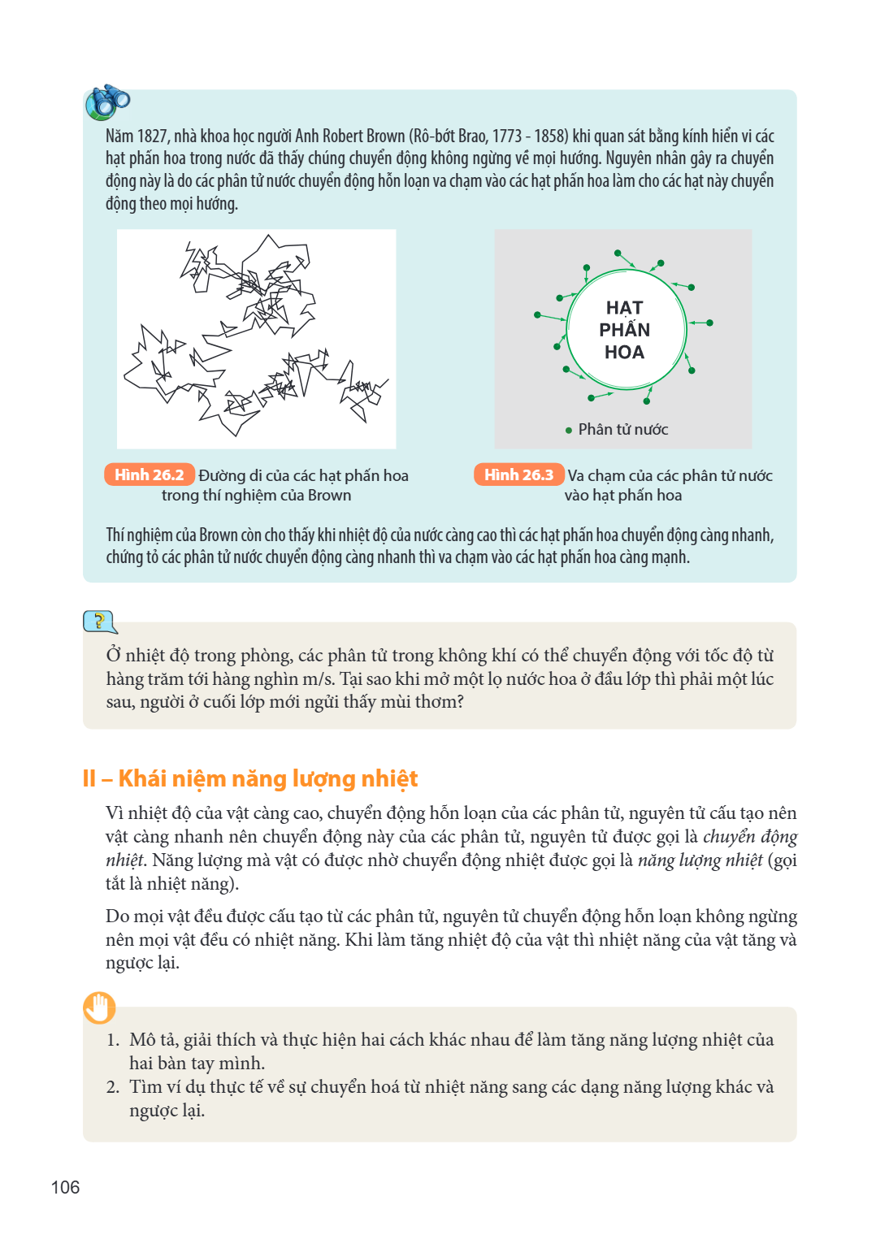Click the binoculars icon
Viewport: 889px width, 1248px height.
pos(107,102)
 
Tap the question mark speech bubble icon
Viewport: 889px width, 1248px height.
pos(100,622)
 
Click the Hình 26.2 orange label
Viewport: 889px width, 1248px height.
pos(150,474)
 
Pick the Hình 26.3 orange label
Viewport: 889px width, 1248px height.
pos(519,474)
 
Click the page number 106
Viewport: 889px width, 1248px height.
pos(65,1187)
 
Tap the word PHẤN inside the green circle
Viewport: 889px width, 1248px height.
pos(625,329)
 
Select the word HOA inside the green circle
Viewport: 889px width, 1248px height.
pos(625,352)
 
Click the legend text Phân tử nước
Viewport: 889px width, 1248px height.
pos(623,429)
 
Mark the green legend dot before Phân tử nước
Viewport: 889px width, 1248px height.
pos(569,430)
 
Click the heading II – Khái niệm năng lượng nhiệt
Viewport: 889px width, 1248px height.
pos(250,779)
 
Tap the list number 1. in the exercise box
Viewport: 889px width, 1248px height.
pos(113,1040)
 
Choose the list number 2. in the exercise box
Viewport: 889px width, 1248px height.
pos(113,1086)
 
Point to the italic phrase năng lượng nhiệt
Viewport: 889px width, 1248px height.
pos(700,860)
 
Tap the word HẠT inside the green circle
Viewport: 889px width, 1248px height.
pos(625,307)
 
